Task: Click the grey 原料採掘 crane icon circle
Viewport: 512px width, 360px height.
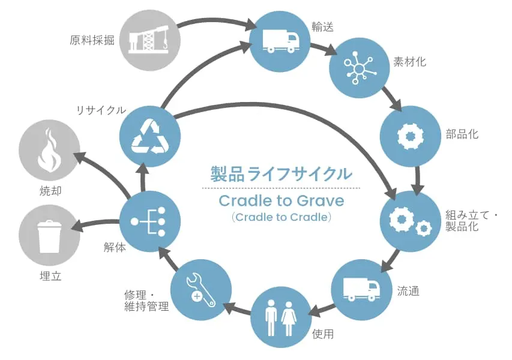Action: click(150, 40)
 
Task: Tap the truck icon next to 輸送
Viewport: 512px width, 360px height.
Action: click(280, 40)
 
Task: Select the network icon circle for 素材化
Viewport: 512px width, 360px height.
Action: click(359, 67)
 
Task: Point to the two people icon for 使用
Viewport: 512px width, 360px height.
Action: click(280, 318)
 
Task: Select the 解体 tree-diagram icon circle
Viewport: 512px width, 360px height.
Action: click(149, 221)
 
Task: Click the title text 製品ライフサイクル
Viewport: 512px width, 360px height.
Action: click(281, 175)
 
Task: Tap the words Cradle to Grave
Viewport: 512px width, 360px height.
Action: click(281, 200)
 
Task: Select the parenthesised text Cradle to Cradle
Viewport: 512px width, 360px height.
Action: click(281, 217)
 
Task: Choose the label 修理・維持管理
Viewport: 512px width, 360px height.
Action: click(143, 302)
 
